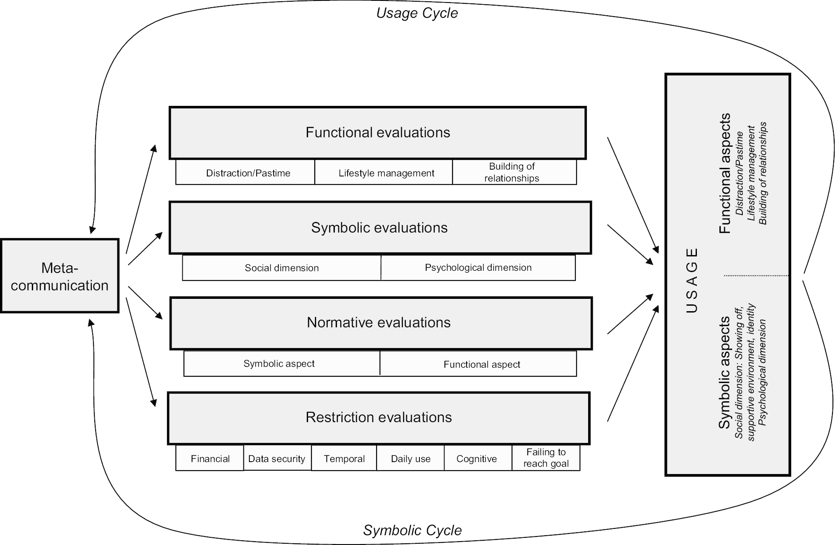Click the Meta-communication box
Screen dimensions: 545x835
[x=59, y=276]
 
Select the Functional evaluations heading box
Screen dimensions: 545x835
[x=377, y=133]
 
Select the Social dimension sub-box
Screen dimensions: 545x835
[x=281, y=268]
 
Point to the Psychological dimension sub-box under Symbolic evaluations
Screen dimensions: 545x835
[x=478, y=268]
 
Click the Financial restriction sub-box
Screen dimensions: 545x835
[x=210, y=458]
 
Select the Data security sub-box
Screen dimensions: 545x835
[x=277, y=458]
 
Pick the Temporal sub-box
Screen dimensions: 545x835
[x=344, y=458]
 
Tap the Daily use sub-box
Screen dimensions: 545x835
[x=410, y=458]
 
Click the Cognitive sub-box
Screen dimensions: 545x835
[x=477, y=458]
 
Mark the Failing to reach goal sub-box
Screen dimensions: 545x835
[x=546, y=457]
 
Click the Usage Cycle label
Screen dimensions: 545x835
[x=417, y=13]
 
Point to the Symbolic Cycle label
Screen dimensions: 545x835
[x=412, y=530]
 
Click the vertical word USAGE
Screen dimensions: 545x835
[x=692, y=281]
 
